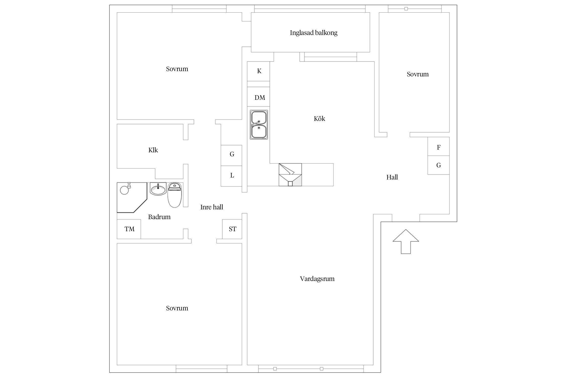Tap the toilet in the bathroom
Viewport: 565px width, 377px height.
tap(175, 195)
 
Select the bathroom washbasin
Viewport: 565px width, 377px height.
tap(158, 189)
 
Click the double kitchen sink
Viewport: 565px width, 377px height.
tap(259, 125)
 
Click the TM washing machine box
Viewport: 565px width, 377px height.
tap(129, 229)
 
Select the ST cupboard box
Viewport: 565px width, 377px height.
tap(232, 229)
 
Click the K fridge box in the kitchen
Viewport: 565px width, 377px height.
tap(259, 71)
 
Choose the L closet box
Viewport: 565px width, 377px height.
tap(232, 176)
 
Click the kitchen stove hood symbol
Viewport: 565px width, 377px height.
tap(290, 175)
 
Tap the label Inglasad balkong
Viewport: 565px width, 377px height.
tap(314, 33)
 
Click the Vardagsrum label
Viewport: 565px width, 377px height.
tap(317, 279)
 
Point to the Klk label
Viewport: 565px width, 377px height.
tap(153, 150)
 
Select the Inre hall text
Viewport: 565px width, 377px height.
tap(212, 207)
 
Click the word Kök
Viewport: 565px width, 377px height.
tap(319, 119)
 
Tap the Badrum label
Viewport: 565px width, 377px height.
tap(159, 217)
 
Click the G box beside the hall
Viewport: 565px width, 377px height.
tap(438, 165)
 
